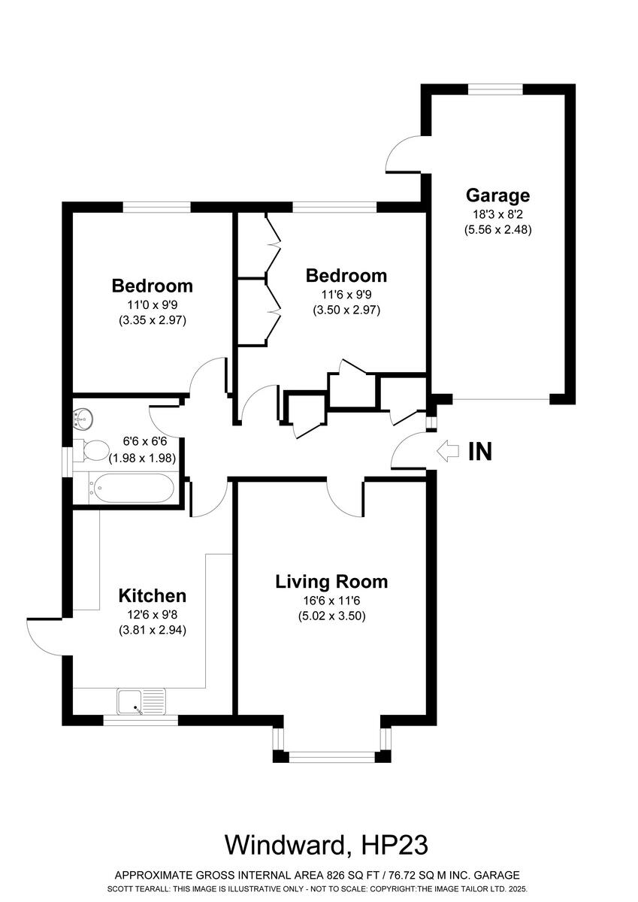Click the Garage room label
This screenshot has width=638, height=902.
click(x=497, y=195)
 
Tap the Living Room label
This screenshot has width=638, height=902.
click(x=331, y=581)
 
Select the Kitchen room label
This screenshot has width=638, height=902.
click(x=152, y=596)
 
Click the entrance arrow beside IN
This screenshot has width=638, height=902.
click(x=448, y=451)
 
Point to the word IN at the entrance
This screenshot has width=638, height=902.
click(x=480, y=452)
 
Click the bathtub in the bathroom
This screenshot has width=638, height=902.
click(x=132, y=487)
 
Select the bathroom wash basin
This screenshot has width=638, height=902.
click(x=83, y=417)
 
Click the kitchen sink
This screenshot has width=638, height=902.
click(x=141, y=702)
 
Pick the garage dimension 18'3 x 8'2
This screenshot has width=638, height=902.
click(x=497, y=214)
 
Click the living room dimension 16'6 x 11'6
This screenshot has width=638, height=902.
click(x=331, y=600)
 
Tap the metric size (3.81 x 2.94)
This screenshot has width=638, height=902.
click(x=152, y=631)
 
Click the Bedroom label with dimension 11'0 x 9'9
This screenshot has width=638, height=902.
click(x=152, y=286)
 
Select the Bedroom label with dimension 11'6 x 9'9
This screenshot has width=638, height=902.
click(x=346, y=275)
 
